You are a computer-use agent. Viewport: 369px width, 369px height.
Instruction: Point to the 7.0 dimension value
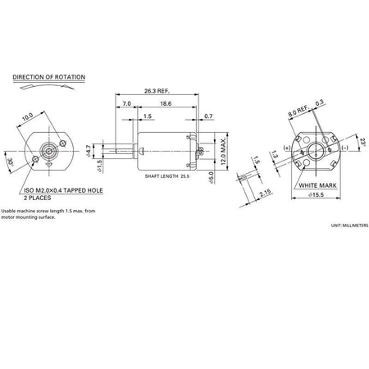127,105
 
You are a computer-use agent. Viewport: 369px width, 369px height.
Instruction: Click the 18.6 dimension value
166,105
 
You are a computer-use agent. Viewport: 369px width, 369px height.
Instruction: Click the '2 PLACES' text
38,198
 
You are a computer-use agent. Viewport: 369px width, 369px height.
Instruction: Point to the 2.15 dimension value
265,194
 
